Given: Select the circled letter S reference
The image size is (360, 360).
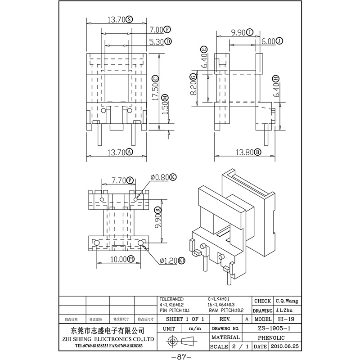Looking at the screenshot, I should pos(129,19).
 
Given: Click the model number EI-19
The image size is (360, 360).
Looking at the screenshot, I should pos(283,319).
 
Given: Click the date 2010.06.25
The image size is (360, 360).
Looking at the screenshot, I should pos(284,347).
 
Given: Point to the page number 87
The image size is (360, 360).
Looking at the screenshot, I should pos(180,357).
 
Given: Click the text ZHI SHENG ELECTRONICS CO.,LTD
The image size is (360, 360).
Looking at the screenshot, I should pos(110,338).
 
